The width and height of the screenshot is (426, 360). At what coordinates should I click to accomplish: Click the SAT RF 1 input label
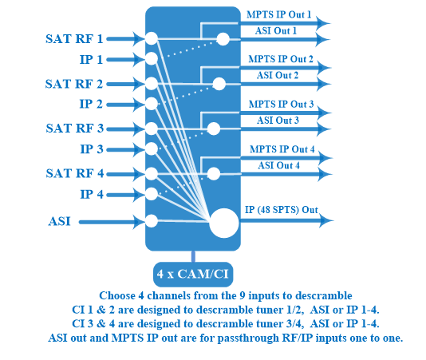[x=74, y=39]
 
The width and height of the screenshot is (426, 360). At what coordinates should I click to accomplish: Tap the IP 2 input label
[x=91, y=104]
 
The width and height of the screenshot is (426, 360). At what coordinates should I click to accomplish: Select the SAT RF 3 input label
[x=75, y=128]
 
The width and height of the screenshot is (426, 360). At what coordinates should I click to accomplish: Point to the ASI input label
[x=60, y=221]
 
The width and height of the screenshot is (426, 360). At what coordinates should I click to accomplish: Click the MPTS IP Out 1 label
[x=278, y=14]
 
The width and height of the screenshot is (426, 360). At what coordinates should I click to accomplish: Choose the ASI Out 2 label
[x=278, y=75]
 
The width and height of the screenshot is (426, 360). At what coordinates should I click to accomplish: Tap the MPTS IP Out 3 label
[x=281, y=104]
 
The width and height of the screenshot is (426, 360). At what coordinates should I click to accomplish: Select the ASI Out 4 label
[x=278, y=165]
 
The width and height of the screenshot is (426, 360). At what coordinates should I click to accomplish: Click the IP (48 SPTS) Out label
[x=282, y=210]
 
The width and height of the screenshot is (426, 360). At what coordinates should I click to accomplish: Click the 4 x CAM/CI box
[x=193, y=274]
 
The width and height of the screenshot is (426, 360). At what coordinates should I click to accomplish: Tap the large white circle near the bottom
[x=224, y=224]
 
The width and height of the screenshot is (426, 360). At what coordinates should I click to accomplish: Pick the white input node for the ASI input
[x=152, y=221]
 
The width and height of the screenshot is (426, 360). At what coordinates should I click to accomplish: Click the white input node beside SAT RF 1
[x=152, y=38]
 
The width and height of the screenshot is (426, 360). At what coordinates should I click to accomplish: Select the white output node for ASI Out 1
[x=223, y=39]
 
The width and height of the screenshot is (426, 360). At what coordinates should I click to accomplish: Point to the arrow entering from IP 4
[x=126, y=195]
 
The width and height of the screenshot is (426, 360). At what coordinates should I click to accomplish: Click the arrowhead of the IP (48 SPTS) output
[x=326, y=220]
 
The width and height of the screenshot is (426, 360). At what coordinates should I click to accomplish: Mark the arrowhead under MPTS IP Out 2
[x=324, y=68]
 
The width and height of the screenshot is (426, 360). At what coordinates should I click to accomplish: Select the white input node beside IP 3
[x=152, y=149]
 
